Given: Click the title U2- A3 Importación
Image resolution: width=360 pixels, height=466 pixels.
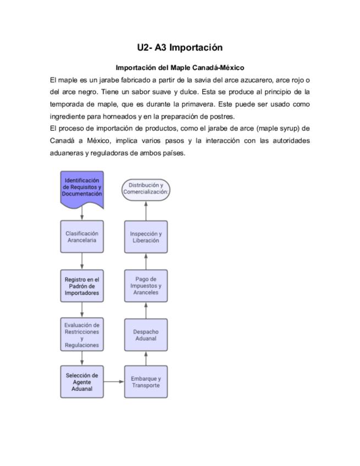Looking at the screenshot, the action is point(180,48).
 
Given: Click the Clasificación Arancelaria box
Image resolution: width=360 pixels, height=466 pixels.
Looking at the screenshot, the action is point(82,237).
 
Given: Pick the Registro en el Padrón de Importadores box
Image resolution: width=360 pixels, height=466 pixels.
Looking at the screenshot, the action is point(82,286).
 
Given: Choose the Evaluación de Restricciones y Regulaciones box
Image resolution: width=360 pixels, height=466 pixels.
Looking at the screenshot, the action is point(82,335).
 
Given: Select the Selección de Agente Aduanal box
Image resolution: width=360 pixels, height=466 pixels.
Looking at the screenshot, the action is point(82,381).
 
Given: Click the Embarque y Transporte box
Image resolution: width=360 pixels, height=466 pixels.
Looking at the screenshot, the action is point(146,382).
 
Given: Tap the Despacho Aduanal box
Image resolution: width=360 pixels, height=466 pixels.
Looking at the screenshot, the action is point(146,335).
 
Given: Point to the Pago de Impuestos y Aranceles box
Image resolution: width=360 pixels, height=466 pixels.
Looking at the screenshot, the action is point(146,286).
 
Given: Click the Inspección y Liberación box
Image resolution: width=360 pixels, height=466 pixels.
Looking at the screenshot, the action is point(146,237).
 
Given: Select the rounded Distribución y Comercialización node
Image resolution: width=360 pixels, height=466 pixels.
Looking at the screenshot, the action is point(146,189).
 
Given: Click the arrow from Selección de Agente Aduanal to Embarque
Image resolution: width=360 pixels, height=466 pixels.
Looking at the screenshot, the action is point(114,381).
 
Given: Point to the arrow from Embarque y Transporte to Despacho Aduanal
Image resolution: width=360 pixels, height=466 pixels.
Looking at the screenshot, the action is point(146,359).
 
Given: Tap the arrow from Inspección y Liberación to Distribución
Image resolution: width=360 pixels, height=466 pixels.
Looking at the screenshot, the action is point(146,210).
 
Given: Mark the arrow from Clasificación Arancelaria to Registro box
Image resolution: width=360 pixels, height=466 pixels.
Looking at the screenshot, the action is point(82,261).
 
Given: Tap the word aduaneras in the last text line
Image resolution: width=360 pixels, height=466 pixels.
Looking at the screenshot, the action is point(65,153).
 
